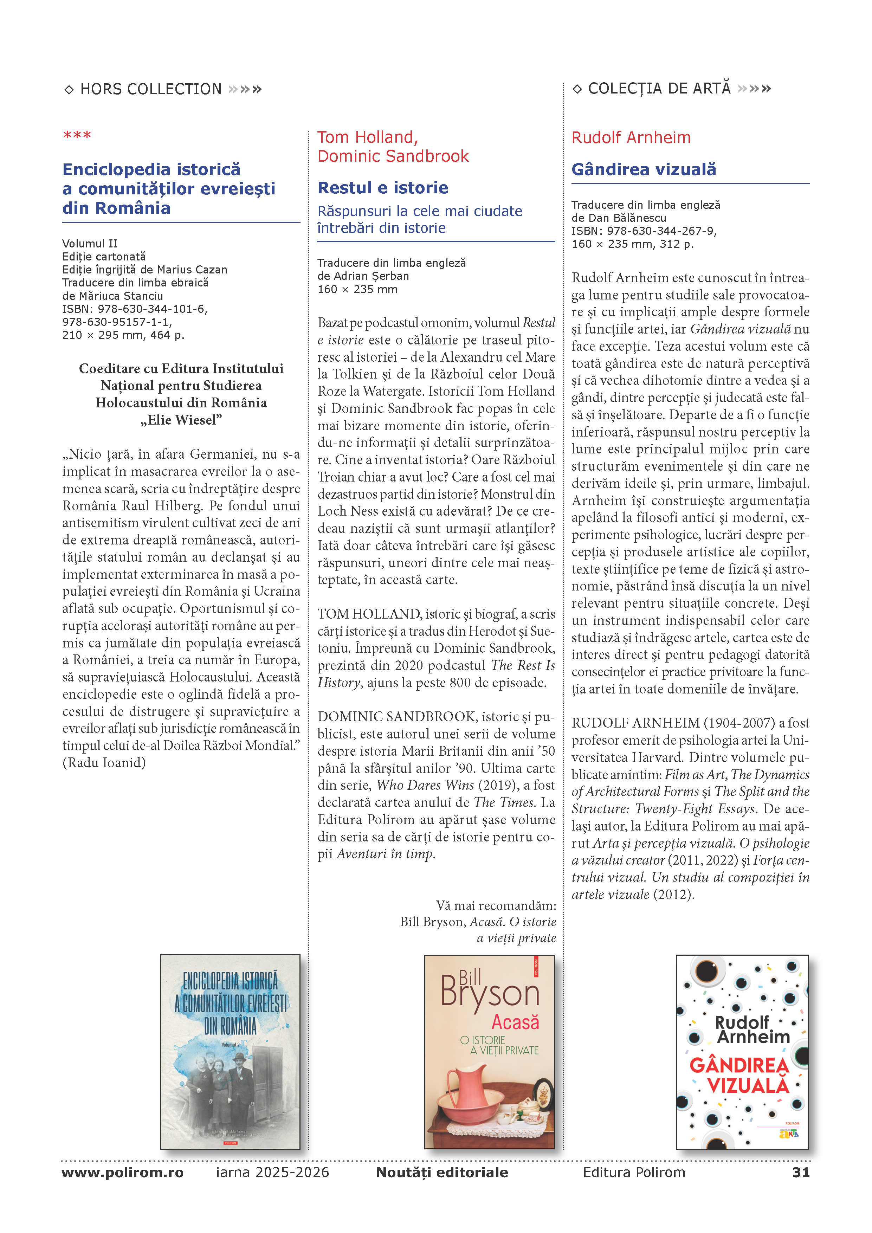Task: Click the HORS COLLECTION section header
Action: coord(151,89)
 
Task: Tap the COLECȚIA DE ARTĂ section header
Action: coord(659,89)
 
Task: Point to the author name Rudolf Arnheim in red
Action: coord(631,137)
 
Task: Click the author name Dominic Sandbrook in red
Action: coord(393,156)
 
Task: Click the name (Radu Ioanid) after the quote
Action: coord(104,763)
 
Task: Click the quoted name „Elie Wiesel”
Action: coord(181,420)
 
